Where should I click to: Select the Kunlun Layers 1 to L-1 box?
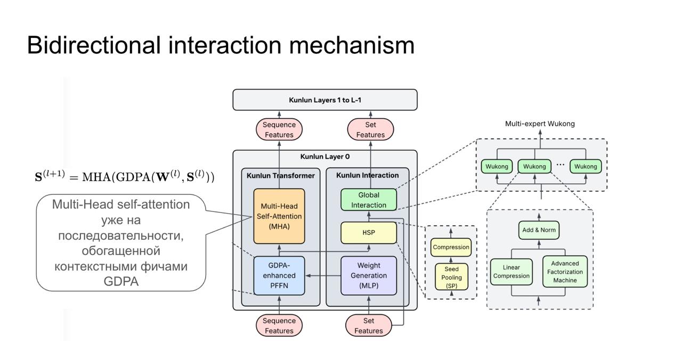pyautogui.click(x=325, y=100)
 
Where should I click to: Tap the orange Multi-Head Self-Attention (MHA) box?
pyautogui.click(x=279, y=216)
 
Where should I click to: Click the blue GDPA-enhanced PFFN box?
pyautogui.click(x=279, y=275)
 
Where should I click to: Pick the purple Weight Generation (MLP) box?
pyautogui.click(x=369, y=275)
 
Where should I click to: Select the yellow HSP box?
pyautogui.click(x=369, y=233)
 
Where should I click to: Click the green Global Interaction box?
pyautogui.click(x=369, y=200)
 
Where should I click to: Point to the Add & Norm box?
pyautogui.click(x=539, y=230)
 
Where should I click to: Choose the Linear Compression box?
pyautogui.click(x=511, y=272)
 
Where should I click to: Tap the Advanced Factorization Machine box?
pyautogui.click(x=565, y=272)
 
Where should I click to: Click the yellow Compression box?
pyautogui.click(x=451, y=247)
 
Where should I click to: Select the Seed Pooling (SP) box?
pyautogui.click(x=451, y=277)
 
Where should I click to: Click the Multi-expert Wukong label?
pyautogui.click(x=540, y=124)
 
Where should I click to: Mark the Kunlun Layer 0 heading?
pyautogui.click(x=325, y=157)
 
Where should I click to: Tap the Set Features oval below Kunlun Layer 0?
pyautogui.click(x=369, y=325)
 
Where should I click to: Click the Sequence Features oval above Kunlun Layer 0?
pyautogui.click(x=279, y=129)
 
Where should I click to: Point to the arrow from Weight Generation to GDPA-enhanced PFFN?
pyautogui.click(x=323, y=276)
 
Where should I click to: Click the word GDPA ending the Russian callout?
pyautogui.click(x=121, y=282)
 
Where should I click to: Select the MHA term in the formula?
pyautogui.click(x=96, y=177)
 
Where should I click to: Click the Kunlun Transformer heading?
pyautogui.click(x=281, y=176)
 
